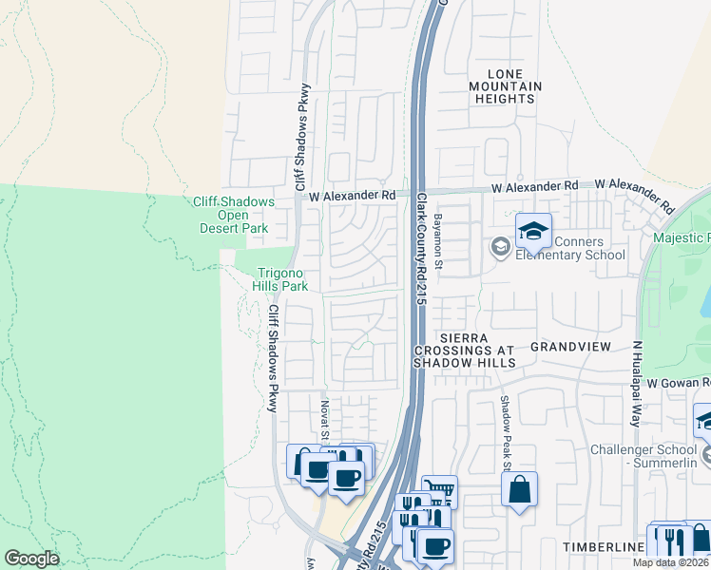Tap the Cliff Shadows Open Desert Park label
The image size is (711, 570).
coord(234,215)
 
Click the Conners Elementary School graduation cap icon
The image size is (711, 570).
coord(533,231)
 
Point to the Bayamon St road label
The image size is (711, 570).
coord(439,240)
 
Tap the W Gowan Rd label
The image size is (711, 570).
coord(679,382)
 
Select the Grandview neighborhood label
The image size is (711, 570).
coord(570,347)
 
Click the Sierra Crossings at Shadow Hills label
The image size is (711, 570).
coord(465,350)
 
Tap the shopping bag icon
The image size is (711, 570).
coord(520,490)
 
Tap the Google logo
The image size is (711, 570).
coord(31,559)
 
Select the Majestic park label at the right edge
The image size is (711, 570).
coord(682,237)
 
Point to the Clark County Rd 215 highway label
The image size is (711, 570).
coord(423,249)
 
